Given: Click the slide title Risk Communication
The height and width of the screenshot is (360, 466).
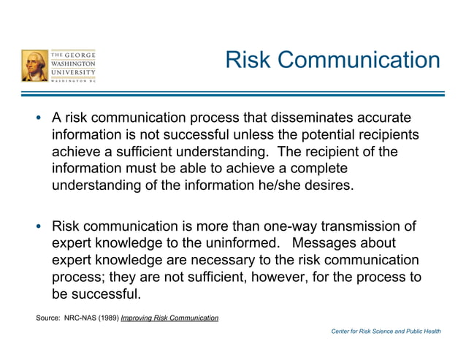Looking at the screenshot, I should pyautogui.click(x=332, y=60).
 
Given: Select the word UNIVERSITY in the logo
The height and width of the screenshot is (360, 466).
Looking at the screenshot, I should pyautogui.click(x=73, y=73).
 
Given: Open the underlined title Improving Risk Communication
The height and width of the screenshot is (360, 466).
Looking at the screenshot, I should pyautogui.click(x=169, y=318).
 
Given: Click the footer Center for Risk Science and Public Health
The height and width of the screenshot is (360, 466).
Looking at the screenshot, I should pyautogui.click(x=386, y=332).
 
